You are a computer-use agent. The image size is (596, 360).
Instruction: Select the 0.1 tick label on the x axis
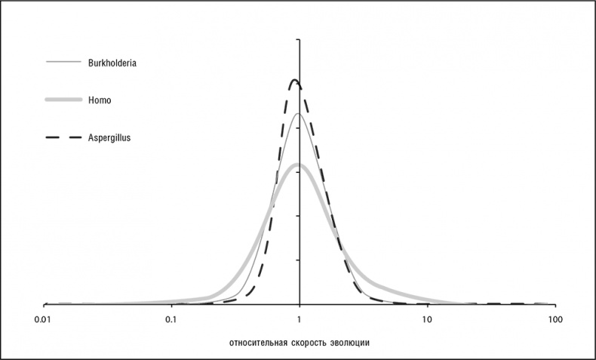[x=171, y=319]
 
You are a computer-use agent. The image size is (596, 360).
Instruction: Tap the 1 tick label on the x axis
[x=300, y=319]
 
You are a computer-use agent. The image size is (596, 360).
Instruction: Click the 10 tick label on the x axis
[x=428, y=319]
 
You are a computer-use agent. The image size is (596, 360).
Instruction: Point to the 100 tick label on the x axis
[x=556, y=319]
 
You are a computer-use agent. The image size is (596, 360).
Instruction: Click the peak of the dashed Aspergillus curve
[x=295, y=80]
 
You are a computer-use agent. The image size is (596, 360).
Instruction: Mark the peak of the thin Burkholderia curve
[x=299, y=114]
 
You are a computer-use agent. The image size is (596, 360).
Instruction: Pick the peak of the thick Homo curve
[x=297, y=165]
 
